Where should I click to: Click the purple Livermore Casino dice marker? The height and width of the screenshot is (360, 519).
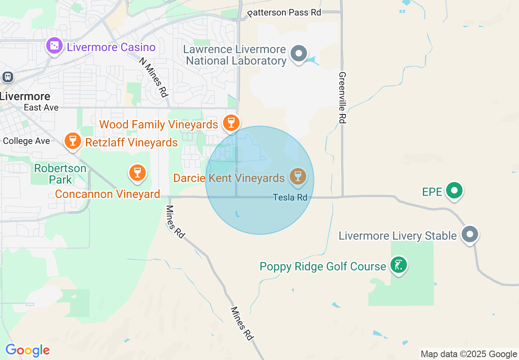(54, 46)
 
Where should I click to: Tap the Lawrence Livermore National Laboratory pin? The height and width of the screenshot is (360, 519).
(299, 54)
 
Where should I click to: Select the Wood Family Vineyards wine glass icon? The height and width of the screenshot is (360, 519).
(231, 122)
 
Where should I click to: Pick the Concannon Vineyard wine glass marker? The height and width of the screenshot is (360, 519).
(137, 173)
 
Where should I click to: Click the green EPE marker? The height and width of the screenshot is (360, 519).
(454, 190)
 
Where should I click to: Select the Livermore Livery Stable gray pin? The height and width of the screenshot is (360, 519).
(470, 234)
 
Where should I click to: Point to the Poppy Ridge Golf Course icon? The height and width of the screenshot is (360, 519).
(398, 265)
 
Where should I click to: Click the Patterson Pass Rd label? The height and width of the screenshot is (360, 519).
(284, 13)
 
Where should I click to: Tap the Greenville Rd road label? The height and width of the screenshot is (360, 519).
(343, 98)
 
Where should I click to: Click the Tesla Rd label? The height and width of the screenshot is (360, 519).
(290, 198)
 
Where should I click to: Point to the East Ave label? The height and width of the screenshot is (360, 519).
(41, 108)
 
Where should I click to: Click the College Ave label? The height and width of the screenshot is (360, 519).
(27, 141)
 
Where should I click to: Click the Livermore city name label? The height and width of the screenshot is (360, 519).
(25, 97)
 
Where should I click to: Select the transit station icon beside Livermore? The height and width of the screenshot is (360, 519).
(7, 76)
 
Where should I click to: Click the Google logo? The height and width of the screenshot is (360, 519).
(27, 351)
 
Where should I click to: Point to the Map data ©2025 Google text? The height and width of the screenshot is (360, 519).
(469, 354)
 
